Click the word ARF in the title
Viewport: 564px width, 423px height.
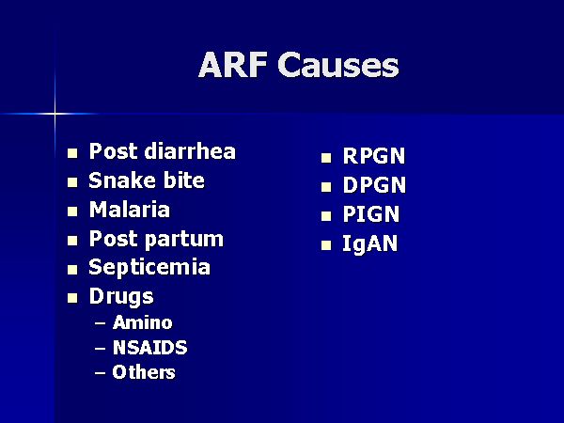(x=232, y=65)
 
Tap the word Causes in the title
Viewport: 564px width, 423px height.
(x=338, y=65)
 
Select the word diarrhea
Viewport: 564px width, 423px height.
(x=190, y=151)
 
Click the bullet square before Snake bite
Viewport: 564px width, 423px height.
(x=72, y=182)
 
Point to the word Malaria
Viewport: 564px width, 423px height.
(x=130, y=210)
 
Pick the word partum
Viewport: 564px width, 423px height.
(x=184, y=241)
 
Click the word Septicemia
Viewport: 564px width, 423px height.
(x=149, y=268)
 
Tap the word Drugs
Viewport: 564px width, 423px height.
(x=121, y=297)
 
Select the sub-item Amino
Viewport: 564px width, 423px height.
(x=143, y=322)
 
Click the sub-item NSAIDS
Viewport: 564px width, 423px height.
(x=150, y=348)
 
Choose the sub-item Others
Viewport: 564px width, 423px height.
(x=144, y=372)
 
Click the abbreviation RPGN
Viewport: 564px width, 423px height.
(x=374, y=156)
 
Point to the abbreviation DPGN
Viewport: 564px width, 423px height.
(x=374, y=185)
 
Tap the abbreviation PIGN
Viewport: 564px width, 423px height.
(x=371, y=214)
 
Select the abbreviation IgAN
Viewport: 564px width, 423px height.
(x=369, y=243)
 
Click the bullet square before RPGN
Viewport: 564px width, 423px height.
(x=326, y=158)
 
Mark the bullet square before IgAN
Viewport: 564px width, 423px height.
(x=326, y=245)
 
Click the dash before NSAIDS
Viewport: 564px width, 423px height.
(x=101, y=349)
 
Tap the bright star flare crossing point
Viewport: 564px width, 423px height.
(x=55, y=114)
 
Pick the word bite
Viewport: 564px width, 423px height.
(x=184, y=180)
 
